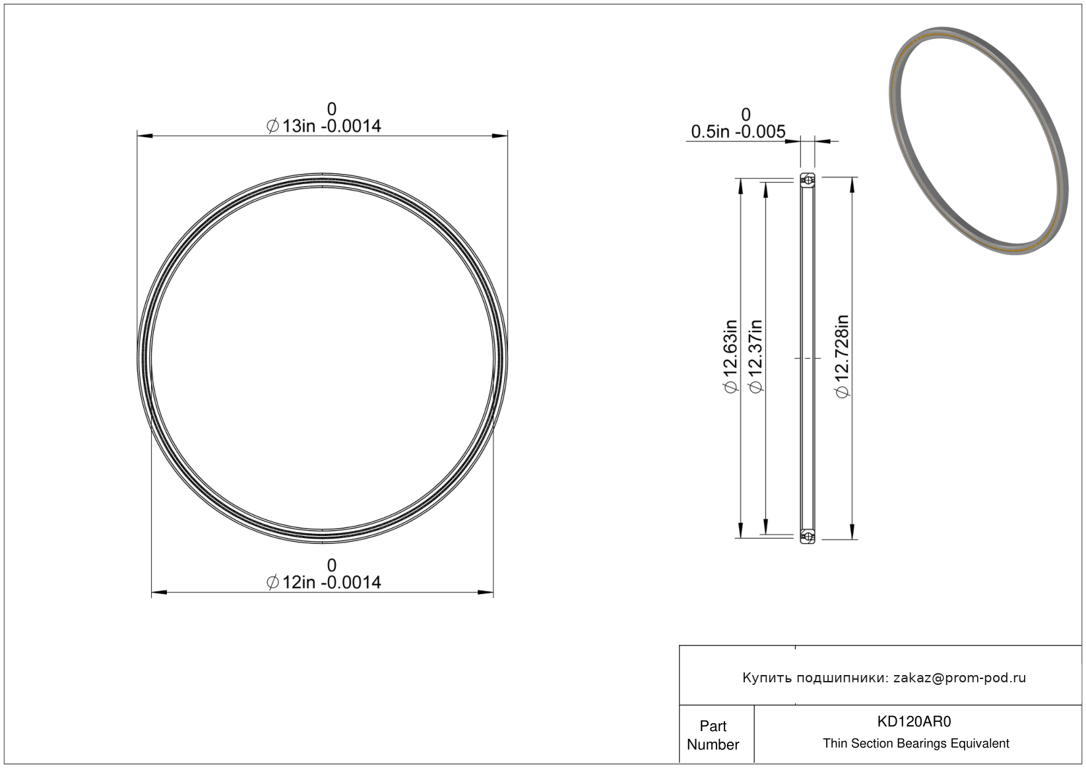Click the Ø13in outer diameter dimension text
click(324, 126)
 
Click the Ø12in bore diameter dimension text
click(324, 582)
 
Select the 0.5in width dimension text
click(738, 132)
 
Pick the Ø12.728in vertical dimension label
click(843, 356)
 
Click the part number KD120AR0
click(914, 721)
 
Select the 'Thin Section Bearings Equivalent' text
click(916, 744)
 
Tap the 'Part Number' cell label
click(713, 735)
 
